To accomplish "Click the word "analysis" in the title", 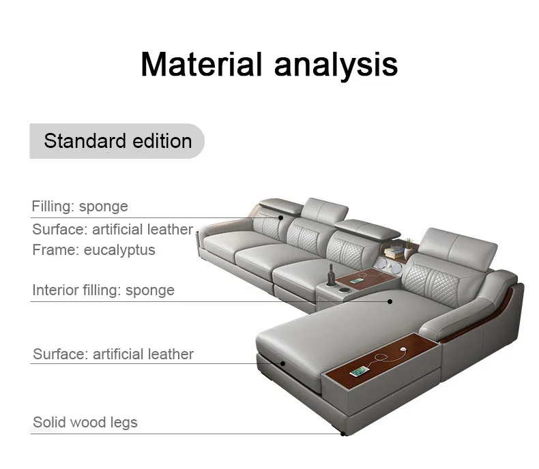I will coord(336,64).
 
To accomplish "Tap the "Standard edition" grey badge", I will coord(117,141).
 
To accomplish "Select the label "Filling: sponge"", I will coord(80,206).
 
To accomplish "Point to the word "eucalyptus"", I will coord(119,249).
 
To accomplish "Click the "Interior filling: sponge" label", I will coord(103,290).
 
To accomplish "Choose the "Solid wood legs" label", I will coord(85,422).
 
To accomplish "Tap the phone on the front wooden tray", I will coord(360,372).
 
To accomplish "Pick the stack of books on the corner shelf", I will coord(394,251).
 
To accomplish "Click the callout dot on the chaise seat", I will coord(390,301).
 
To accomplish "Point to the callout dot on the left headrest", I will coord(280,218).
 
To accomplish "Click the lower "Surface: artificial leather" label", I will coord(113,354).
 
